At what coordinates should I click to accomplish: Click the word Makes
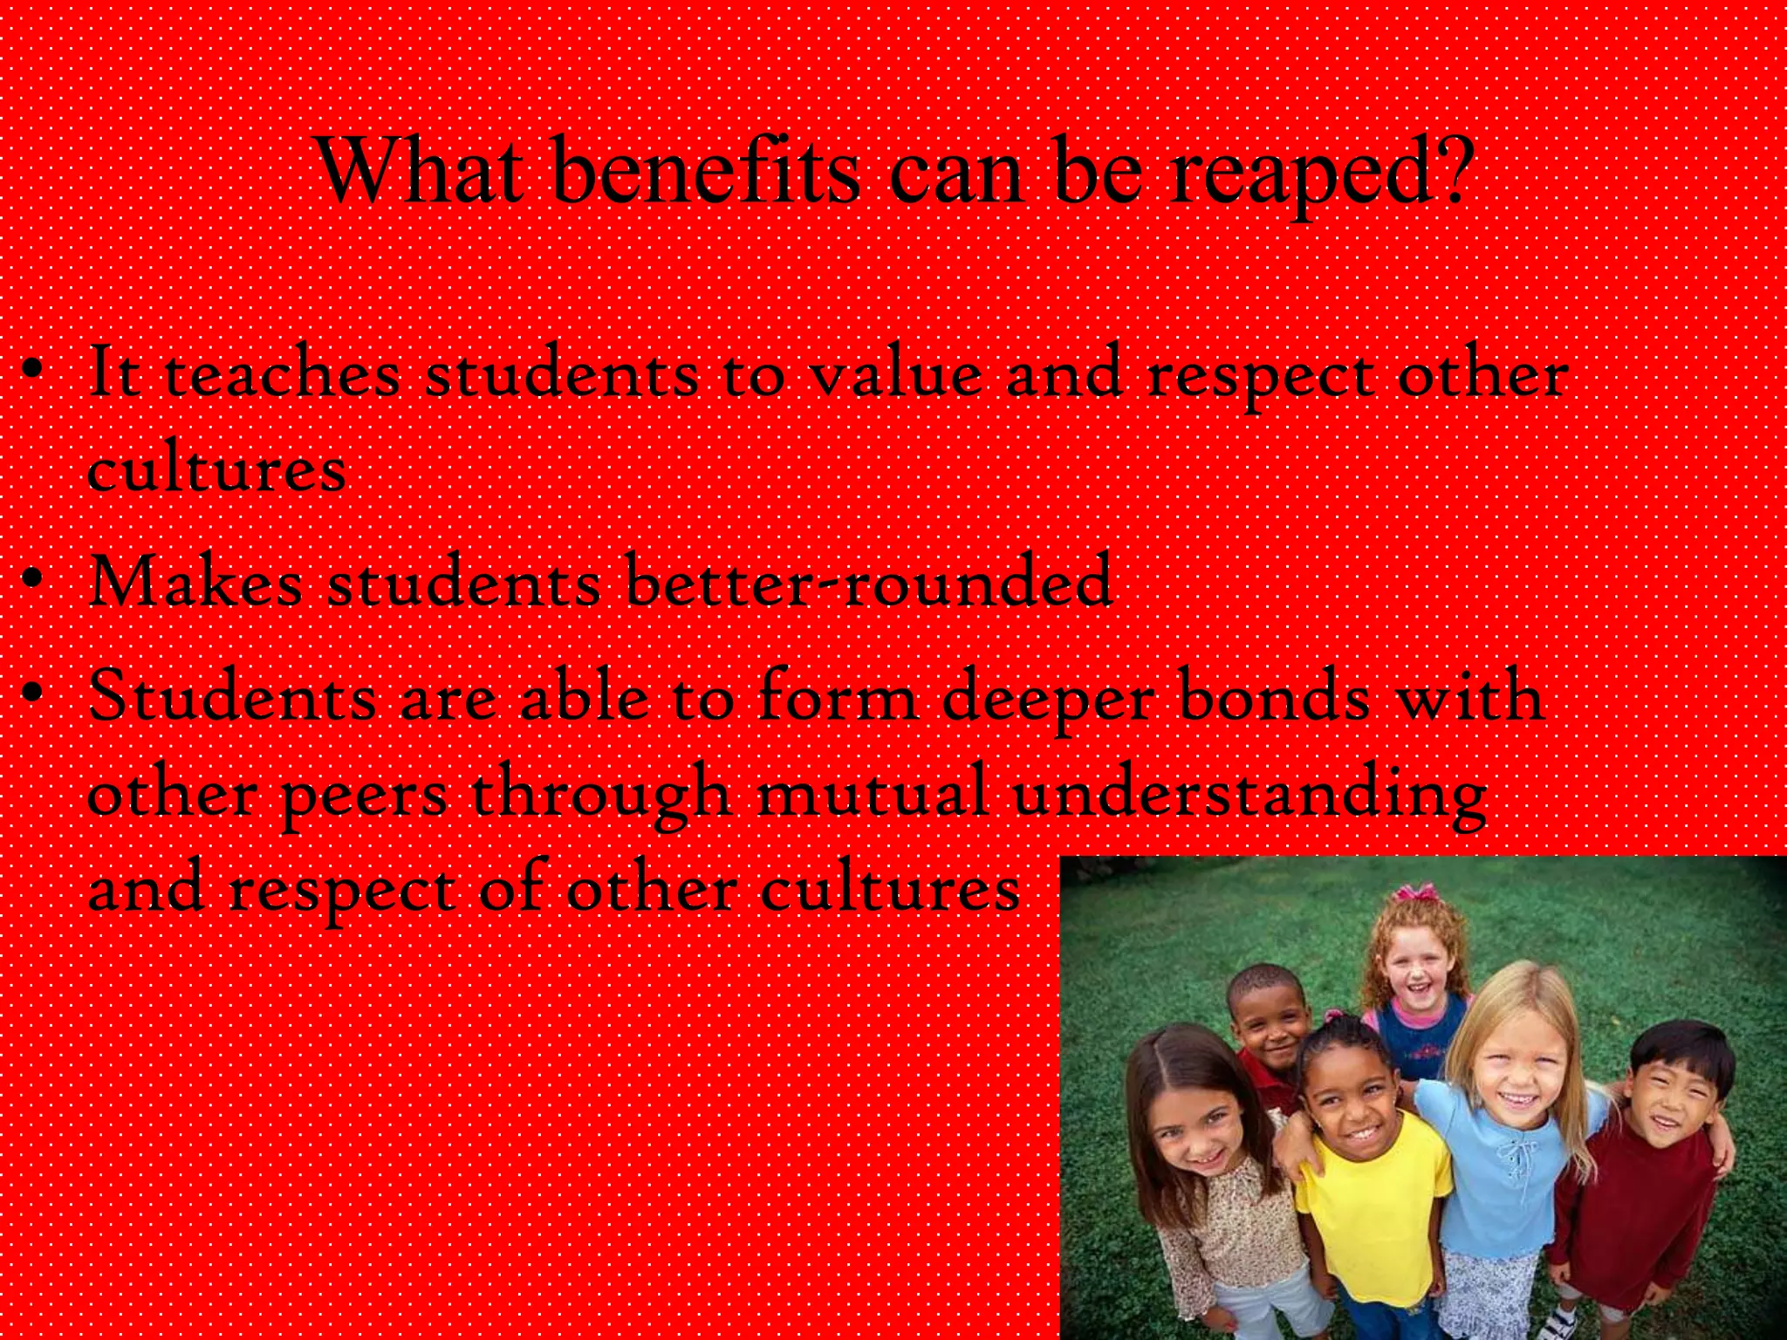click(195, 581)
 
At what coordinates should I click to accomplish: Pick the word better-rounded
click(869, 581)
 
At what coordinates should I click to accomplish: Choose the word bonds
click(1275, 697)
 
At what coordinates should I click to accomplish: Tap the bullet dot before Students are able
click(33, 694)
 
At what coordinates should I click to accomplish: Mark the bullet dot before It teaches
click(33, 370)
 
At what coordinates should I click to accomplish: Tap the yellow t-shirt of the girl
click(1368, 1204)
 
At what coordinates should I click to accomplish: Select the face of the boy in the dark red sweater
click(1668, 1097)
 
